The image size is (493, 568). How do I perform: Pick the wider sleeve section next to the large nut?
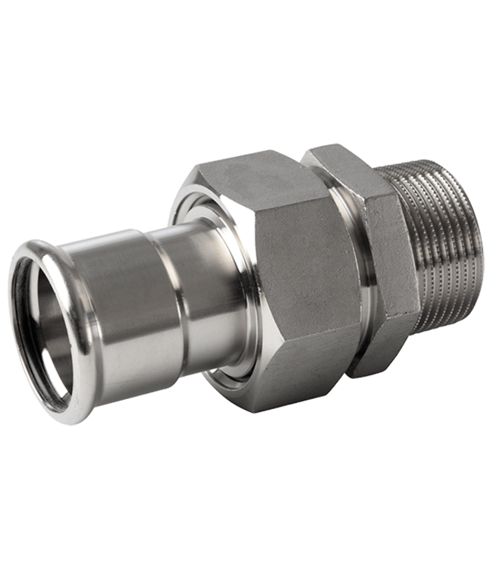[x=197, y=280]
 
